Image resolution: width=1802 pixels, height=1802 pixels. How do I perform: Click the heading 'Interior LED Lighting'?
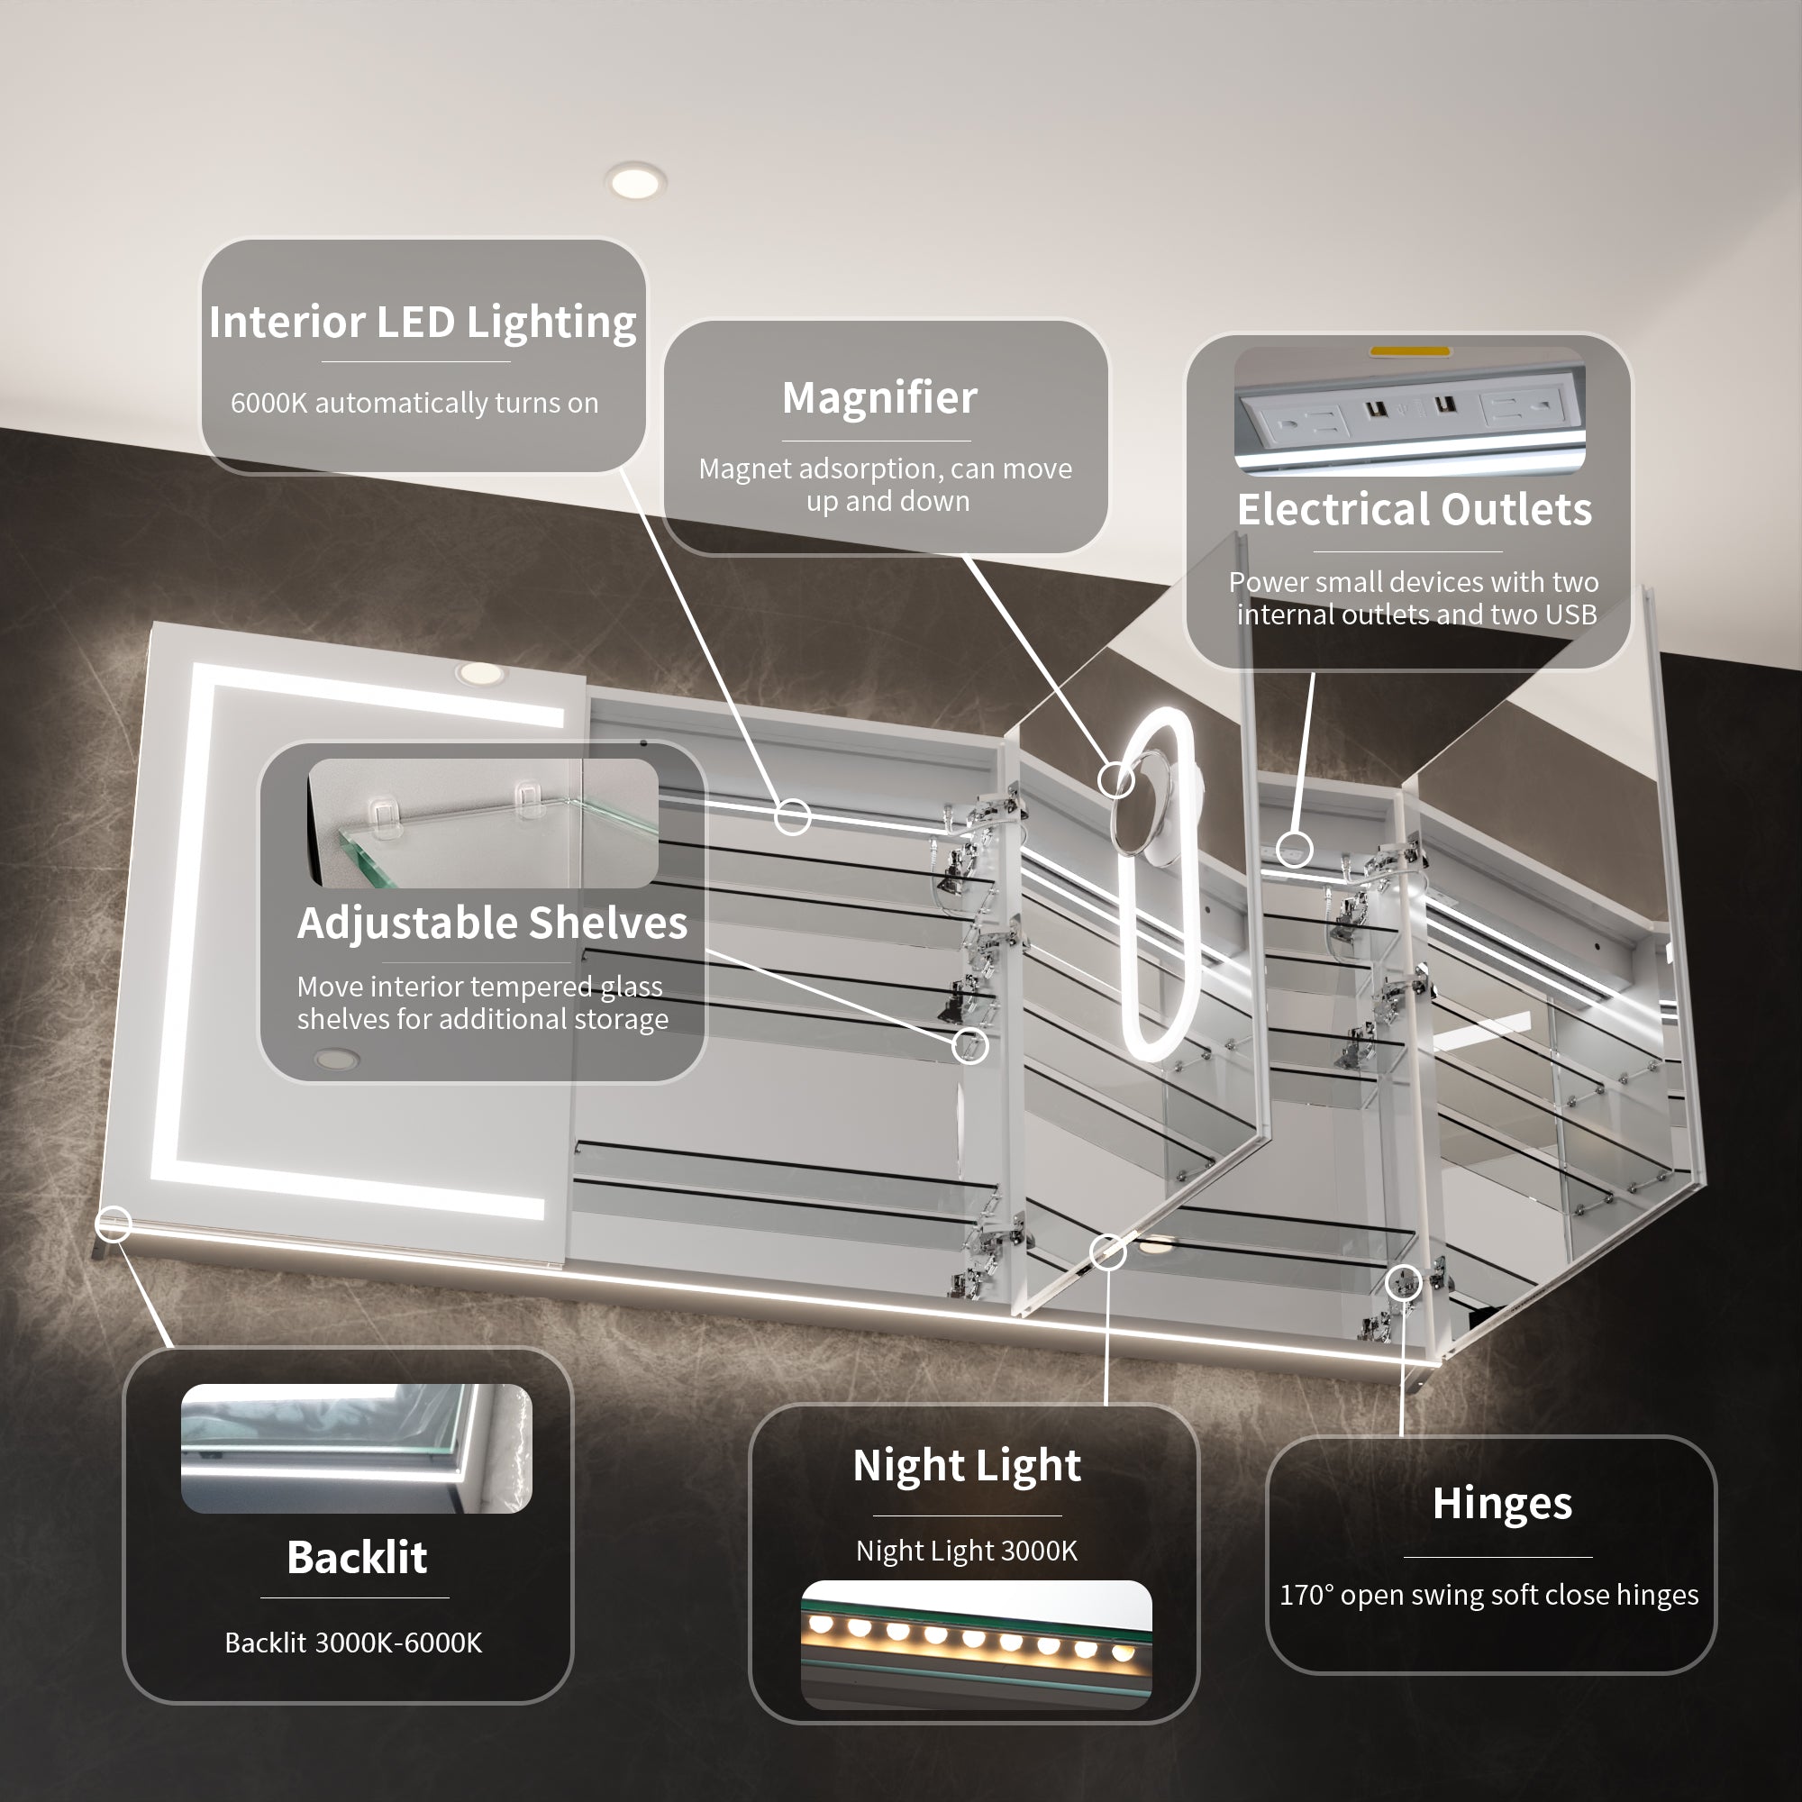tap(423, 323)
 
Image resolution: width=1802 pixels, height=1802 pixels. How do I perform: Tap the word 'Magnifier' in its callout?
tap(879, 398)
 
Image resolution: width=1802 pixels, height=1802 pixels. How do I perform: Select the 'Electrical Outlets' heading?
tap(1414, 509)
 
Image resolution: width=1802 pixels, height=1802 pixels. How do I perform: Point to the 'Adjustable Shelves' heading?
tap(493, 924)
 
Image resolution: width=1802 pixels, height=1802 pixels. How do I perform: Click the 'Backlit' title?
tap(357, 1557)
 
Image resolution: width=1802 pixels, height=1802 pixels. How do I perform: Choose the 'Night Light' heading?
tap(966, 1466)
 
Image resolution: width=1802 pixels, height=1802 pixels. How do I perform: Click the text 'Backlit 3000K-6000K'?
tap(353, 1643)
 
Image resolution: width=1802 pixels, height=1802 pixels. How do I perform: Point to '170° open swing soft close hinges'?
tap(1488, 1595)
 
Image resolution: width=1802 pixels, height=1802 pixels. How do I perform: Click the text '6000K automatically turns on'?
tap(414, 403)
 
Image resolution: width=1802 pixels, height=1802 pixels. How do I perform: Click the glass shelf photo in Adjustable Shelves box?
tap(483, 823)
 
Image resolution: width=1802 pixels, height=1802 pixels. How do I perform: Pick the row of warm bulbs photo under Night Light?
tap(977, 1644)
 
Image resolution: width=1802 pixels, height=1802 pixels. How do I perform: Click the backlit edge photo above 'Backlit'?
tap(356, 1449)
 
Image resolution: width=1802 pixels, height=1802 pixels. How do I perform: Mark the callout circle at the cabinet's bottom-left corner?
tap(114, 1224)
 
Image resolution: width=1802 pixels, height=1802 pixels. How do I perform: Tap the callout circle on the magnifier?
tap(1116, 778)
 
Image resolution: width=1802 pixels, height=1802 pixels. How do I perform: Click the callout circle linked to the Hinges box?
tap(1404, 1282)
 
